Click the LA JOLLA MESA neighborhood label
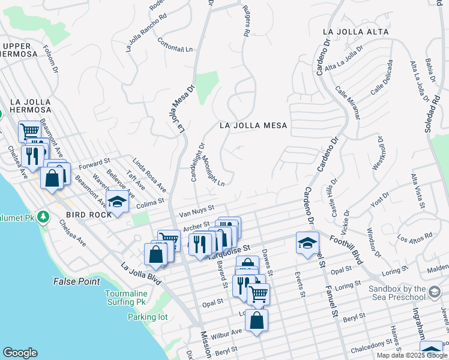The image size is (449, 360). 253,125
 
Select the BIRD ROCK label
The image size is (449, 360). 88,214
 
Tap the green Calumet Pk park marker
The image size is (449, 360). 43,216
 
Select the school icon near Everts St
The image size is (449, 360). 307,243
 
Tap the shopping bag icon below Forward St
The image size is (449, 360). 52,178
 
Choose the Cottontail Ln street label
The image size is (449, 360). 177,45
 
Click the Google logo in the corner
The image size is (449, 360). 20,353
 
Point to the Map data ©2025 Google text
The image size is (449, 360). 411,355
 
